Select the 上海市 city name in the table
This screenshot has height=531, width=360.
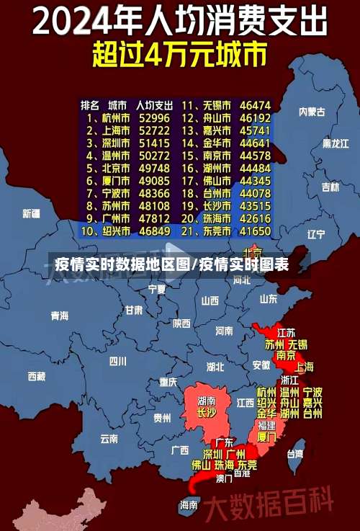[x=114, y=130]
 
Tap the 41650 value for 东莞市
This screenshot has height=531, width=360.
[x=255, y=231]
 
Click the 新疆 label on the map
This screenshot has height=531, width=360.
[x=31, y=213]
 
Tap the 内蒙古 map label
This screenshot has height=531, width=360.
[x=312, y=112]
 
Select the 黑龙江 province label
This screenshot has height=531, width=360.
[x=335, y=143]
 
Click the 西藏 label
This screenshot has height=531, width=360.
[x=36, y=375]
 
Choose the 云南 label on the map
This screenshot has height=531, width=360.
[x=109, y=437]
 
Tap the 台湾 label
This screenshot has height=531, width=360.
[x=295, y=454]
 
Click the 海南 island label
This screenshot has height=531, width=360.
[x=189, y=504]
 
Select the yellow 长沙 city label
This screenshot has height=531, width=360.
[x=206, y=413]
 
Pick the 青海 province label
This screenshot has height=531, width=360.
[x=59, y=316]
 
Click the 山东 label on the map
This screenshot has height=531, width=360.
[x=268, y=298]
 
